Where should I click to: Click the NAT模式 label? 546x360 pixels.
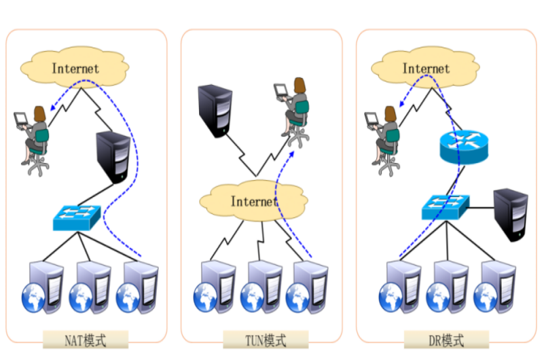click(x=84, y=339)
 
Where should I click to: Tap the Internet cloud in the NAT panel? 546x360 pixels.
click(x=75, y=68)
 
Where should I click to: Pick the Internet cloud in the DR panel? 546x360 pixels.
click(x=426, y=68)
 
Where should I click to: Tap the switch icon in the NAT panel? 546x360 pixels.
click(x=77, y=217)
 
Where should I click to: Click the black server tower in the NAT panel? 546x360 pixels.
click(x=113, y=156)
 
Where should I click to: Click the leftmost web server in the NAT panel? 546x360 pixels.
click(x=41, y=286)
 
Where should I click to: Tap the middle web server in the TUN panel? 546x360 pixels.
click(x=262, y=286)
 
